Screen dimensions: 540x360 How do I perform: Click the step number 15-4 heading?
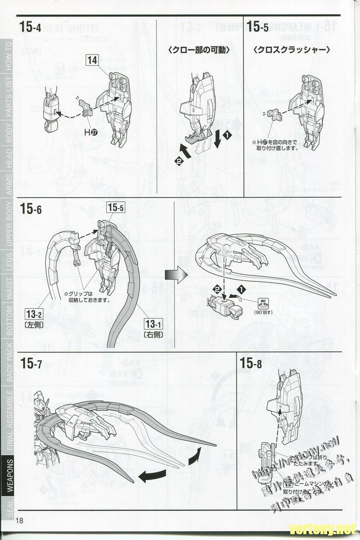coord(30,27)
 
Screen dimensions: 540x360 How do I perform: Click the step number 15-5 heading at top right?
coord(258,27)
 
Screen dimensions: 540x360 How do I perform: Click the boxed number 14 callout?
coord(92,60)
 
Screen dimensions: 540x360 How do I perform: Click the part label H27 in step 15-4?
coord(90,132)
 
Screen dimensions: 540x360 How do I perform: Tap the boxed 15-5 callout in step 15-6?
coord(115,208)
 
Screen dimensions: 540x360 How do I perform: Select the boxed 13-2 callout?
coord(34,313)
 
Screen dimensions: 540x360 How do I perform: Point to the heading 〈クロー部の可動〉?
coord(199,50)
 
